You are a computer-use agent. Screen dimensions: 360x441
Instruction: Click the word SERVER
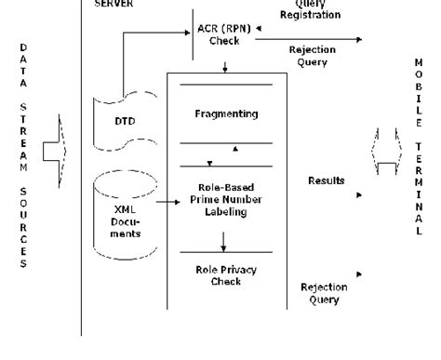[x=114, y=4]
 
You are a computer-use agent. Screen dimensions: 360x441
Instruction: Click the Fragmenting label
[x=223, y=113]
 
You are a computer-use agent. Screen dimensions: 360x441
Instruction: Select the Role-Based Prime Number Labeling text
[x=223, y=197]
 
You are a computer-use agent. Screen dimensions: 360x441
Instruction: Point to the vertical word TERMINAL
[x=419, y=186]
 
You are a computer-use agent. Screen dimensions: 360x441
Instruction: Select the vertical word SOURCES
[x=23, y=233]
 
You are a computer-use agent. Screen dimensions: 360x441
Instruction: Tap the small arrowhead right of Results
[x=358, y=196]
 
